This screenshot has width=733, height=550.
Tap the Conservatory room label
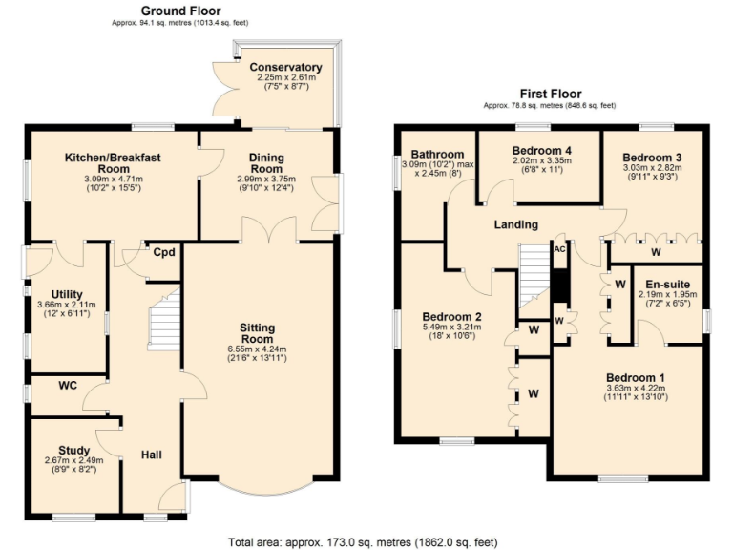click(285, 67)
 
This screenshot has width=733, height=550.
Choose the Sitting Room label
click(258, 332)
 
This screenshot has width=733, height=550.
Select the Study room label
click(73, 451)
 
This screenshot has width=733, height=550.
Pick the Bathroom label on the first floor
click(437, 154)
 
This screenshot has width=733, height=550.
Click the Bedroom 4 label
click(541, 150)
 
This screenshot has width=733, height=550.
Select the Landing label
click(515, 224)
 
